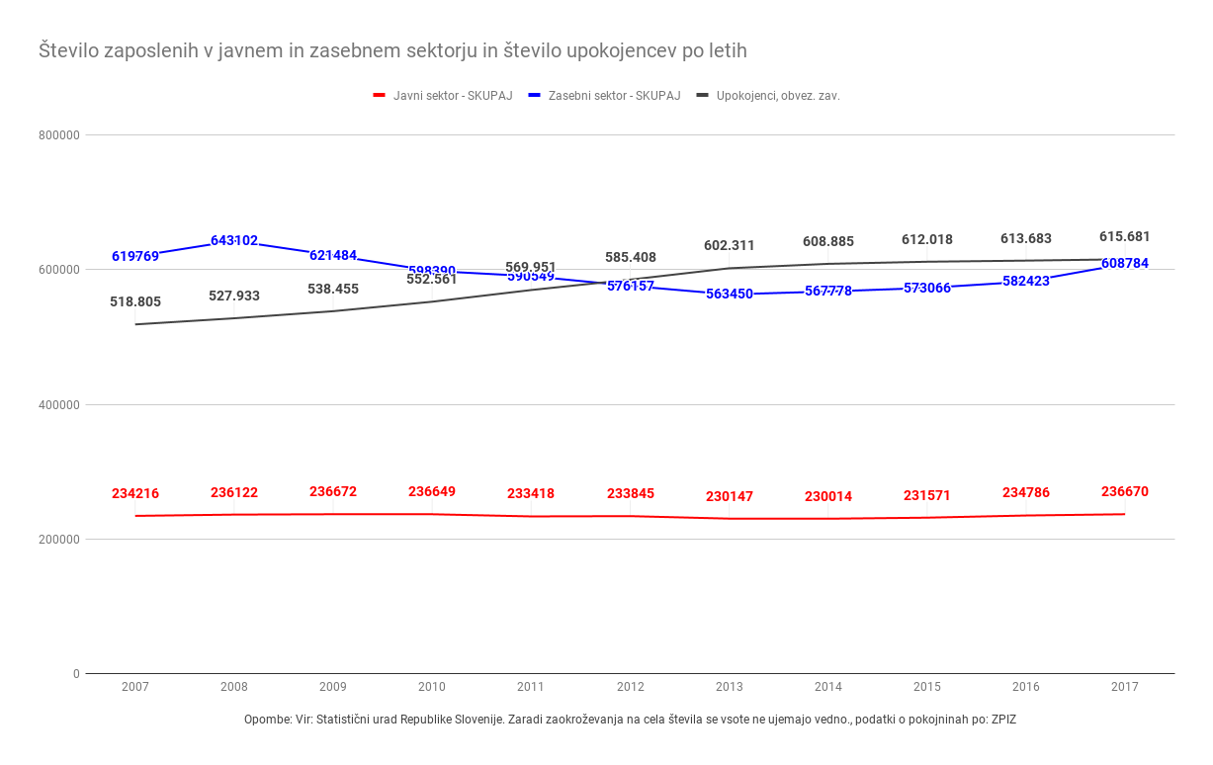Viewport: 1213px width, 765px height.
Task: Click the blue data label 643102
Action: [x=234, y=240]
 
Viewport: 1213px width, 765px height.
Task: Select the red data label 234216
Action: [x=135, y=493]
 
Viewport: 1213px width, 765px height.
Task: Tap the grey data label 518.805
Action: [x=135, y=301]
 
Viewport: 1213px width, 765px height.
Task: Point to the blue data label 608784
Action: [x=1125, y=263]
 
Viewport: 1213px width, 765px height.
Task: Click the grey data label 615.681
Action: [x=1125, y=236]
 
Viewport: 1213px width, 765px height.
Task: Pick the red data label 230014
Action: [x=828, y=496]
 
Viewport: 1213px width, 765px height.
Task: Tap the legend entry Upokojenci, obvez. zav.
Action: [x=778, y=96]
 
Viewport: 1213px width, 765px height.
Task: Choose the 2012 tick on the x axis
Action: [x=630, y=687]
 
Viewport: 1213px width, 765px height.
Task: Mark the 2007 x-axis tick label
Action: [x=135, y=687]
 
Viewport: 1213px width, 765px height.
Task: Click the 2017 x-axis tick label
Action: [x=1125, y=687]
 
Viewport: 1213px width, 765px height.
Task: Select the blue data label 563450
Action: [x=730, y=294]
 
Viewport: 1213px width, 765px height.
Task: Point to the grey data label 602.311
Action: [x=730, y=245]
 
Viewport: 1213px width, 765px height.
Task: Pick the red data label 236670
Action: [x=1125, y=491]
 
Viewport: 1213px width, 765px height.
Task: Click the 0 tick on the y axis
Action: [x=75, y=674]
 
